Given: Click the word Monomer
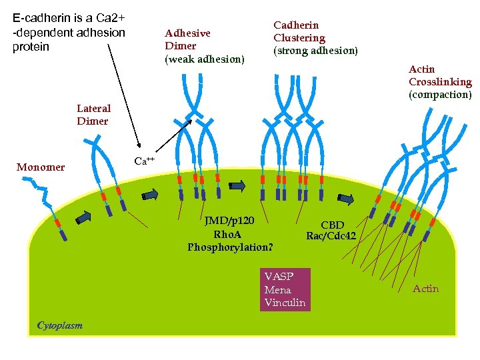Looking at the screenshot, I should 41,167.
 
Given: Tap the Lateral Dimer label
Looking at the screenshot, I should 93,115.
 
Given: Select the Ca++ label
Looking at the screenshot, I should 145,161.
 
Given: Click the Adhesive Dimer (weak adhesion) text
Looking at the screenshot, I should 204,46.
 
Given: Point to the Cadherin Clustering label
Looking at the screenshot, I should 315,38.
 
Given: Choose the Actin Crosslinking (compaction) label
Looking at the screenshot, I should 440,82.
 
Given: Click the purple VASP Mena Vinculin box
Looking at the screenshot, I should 285,289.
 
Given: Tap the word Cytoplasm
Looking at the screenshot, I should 60,325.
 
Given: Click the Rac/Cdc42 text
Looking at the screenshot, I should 331,236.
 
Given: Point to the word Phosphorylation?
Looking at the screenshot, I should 230,247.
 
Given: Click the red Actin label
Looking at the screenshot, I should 425,289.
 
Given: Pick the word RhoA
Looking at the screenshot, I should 227,235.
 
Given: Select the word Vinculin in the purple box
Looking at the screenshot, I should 285,303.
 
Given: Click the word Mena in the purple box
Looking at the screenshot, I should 277,290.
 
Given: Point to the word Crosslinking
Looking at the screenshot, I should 440,82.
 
